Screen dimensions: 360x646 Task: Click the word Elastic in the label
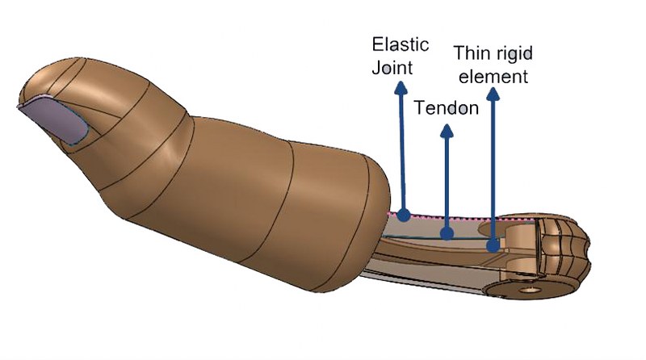(x=400, y=44)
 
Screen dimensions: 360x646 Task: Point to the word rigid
(x=514, y=53)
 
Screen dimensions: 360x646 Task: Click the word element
(x=490, y=77)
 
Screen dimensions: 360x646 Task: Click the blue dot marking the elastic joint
(x=403, y=216)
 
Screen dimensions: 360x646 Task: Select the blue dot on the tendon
(x=446, y=234)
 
